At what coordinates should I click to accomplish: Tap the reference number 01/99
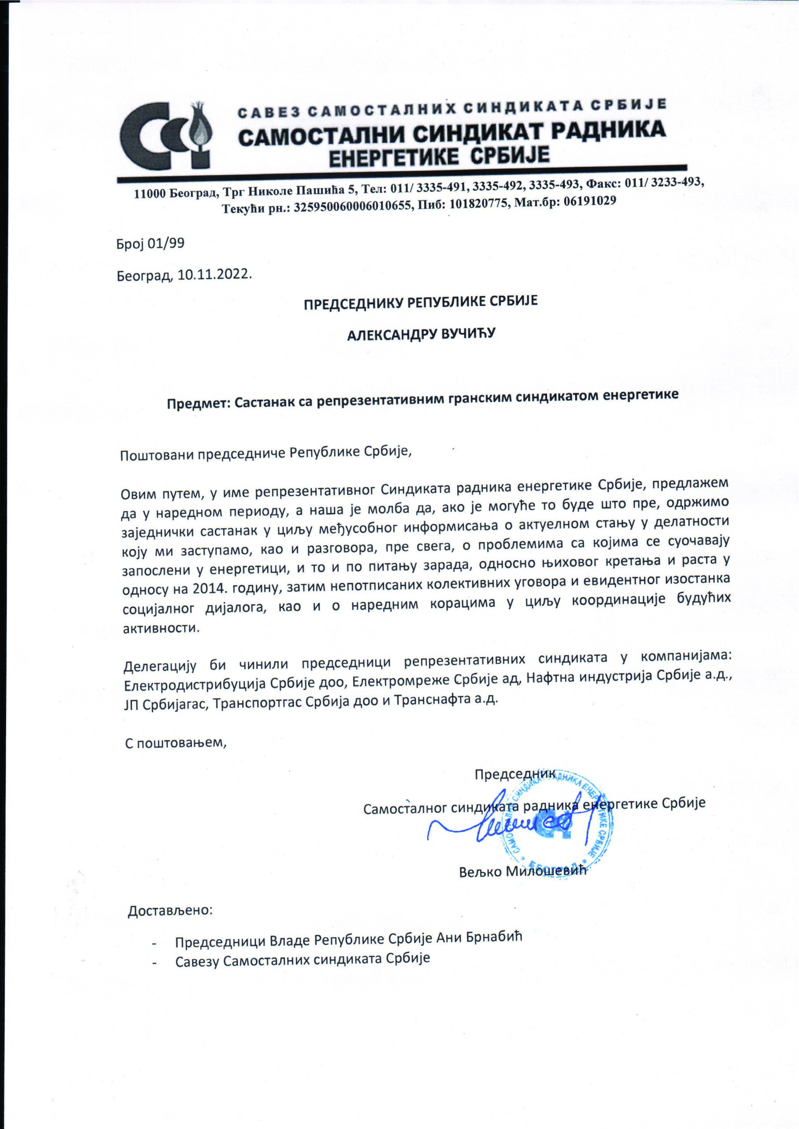[170, 243]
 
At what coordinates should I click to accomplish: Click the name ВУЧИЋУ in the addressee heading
[467, 335]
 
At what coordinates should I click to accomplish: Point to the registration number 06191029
[590, 201]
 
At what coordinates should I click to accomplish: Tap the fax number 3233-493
[677, 182]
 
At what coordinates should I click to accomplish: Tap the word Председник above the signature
[515, 775]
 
